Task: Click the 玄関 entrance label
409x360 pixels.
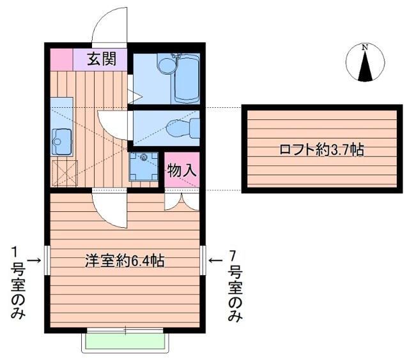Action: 102,59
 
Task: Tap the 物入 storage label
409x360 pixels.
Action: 181,170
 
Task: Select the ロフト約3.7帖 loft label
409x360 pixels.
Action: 321,149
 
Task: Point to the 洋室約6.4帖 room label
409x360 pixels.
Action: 125,260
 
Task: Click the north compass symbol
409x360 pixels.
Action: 365,63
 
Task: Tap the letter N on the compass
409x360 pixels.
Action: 365,47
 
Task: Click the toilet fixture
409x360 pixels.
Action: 183,128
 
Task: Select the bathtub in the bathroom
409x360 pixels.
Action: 187,79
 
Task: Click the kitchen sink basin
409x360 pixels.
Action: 61,142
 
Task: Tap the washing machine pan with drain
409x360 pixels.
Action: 144,166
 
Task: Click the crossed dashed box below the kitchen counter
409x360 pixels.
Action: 65,173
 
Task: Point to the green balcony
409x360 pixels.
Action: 125,343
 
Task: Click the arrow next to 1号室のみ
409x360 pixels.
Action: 34,260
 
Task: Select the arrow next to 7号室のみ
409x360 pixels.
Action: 216,260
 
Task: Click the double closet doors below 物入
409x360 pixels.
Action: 181,201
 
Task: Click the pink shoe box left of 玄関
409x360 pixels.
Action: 61,59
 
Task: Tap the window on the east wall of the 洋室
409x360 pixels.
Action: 203,260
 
